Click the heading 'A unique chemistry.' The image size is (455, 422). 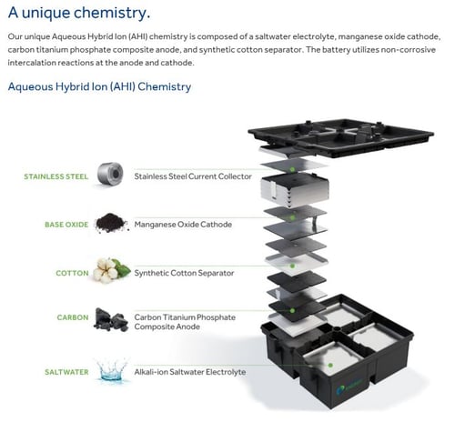(79, 13)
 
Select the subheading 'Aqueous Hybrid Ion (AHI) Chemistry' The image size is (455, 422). (99, 87)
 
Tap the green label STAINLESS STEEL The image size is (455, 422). (56, 176)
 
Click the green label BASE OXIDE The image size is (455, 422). (66, 225)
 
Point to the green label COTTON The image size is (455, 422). (72, 273)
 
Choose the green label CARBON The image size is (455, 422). (73, 317)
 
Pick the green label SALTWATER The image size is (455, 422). (66, 372)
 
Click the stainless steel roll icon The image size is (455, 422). (110, 174)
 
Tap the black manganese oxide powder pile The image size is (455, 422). (111, 223)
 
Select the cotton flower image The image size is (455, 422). (111, 270)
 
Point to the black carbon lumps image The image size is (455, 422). (111, 319)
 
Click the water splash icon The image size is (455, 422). (111, 369)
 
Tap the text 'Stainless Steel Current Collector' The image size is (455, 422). (193, 176)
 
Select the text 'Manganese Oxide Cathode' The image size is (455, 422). (183, 225)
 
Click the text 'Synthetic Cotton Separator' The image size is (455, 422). (184, 273)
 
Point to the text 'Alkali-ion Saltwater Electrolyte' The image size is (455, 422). (190, 372)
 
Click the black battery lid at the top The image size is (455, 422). (340, 136)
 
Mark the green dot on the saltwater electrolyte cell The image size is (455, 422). (330, 366)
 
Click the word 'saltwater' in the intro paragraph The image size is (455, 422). (272, 36)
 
